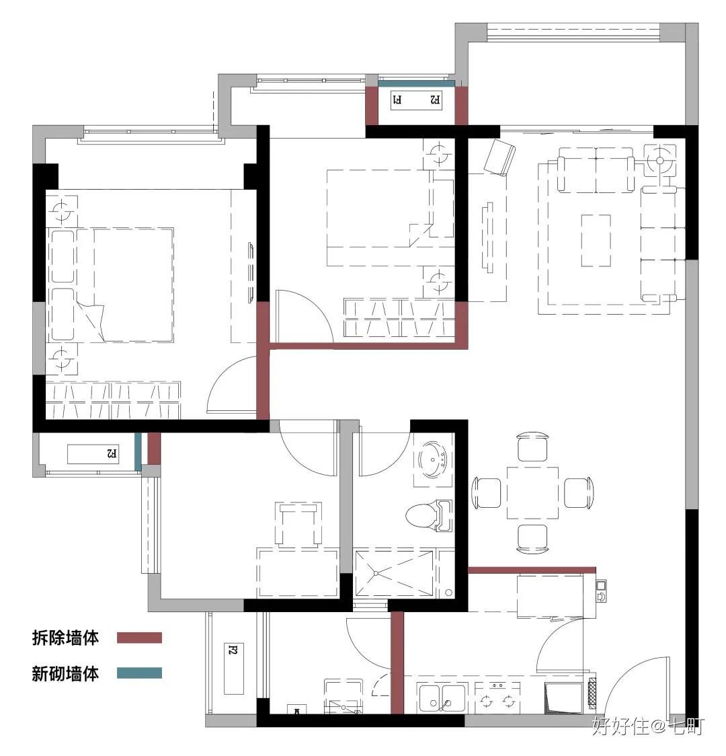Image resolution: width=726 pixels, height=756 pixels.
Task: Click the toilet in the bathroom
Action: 429,515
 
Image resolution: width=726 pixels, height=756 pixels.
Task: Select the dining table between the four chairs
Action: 532,492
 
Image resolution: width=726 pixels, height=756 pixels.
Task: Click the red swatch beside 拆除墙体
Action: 139,638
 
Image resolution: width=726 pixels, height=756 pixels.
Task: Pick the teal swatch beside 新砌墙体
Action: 139,673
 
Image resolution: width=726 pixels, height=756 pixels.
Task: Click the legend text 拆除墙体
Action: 65,638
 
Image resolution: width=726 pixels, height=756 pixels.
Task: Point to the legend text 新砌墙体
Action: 65,673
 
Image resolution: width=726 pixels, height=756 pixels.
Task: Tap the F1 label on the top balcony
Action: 398,100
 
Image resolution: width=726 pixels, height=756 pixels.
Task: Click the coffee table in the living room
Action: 596,241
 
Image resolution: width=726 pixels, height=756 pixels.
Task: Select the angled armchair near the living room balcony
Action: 499,157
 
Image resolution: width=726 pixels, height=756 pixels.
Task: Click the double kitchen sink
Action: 442,698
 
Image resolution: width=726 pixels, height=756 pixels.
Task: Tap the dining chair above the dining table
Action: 532,447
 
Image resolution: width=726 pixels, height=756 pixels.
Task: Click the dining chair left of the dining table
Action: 487,493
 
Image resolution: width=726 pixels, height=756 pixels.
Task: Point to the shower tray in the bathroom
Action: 394,574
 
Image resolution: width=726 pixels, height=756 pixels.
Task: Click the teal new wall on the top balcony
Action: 416,83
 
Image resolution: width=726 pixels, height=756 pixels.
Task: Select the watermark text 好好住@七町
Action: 648,726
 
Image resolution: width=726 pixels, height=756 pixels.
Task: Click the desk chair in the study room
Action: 298,523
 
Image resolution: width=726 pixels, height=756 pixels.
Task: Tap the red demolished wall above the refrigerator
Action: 532,570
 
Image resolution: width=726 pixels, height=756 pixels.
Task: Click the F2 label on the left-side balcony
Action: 112,453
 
